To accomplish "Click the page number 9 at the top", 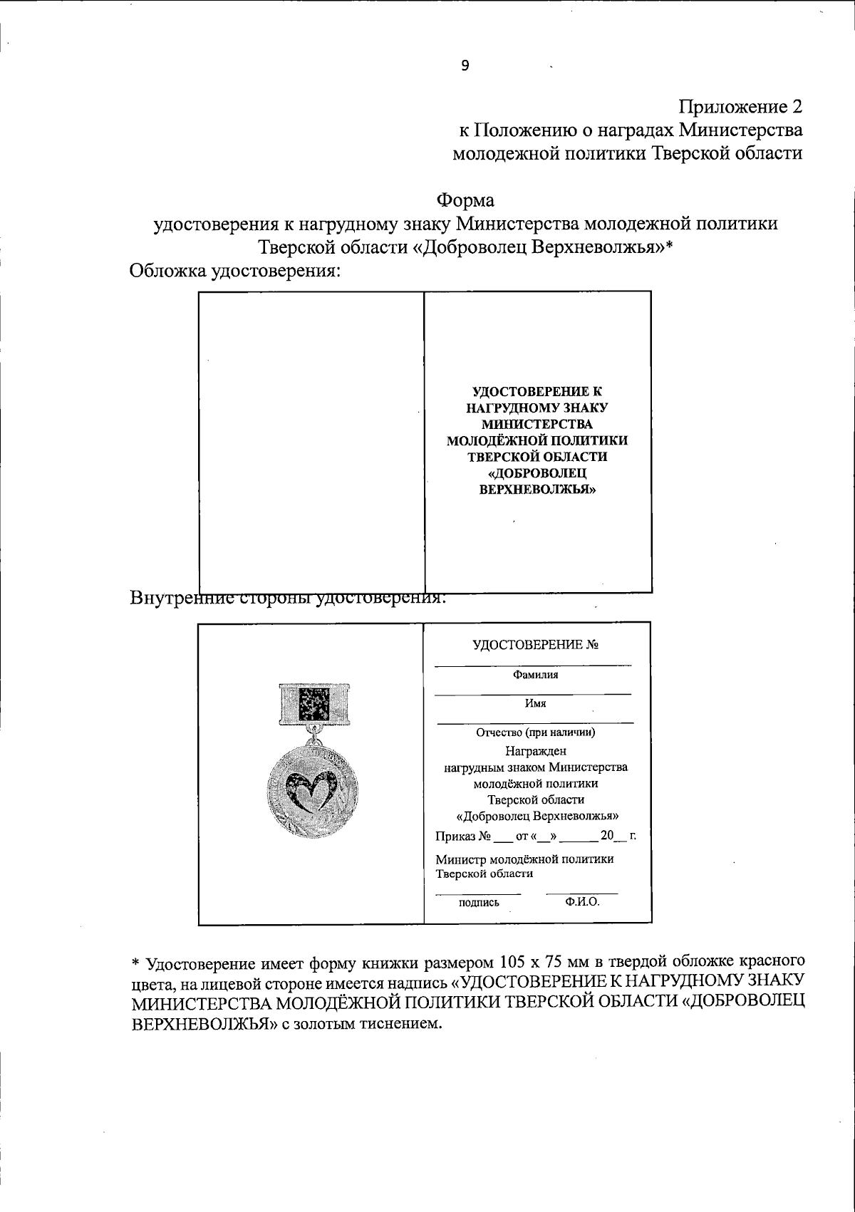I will pos(465,66).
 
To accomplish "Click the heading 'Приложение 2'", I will pos(740,107).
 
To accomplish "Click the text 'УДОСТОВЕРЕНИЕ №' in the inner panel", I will pos(535,645).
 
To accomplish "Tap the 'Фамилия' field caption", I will pos(535,674).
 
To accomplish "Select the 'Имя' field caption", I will pos(535,703).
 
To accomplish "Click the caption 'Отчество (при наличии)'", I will pos(535,732).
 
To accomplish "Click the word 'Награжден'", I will pos(535,750).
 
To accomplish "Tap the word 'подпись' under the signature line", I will pos(479,903).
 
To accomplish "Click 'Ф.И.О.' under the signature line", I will pos(582,901).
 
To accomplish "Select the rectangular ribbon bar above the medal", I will pos(312,704).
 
